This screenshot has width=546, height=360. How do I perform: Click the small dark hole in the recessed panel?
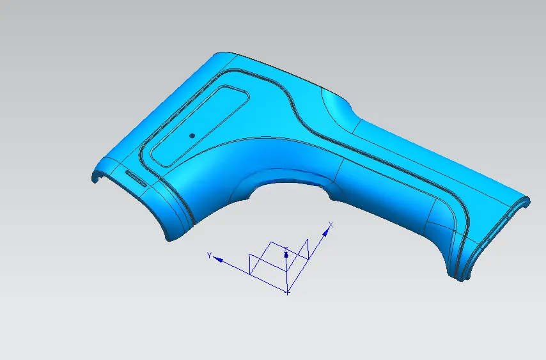[192, 136]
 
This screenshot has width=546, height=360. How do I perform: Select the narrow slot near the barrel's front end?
[136, 178]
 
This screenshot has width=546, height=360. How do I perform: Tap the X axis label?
[331, 225]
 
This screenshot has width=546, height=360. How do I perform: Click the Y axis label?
[209, 256]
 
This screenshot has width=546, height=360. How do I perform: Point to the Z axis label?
[286, 249]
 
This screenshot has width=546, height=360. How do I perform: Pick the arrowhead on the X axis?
[325, 232]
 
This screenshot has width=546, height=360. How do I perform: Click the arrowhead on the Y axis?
[218, 260]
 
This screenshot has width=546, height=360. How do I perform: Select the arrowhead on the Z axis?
[286, 255]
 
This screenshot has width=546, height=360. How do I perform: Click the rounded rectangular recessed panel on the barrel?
[199, 126]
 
